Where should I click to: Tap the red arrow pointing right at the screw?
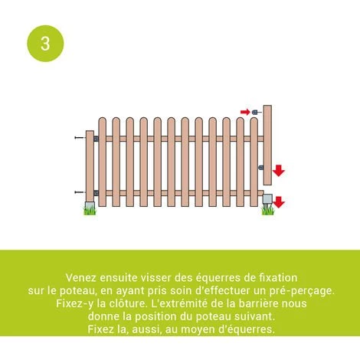coord(245,112)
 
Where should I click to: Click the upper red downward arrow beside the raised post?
coord(279,170)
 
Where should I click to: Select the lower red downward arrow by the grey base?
coord(279,201)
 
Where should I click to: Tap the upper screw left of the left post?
coord(78,138)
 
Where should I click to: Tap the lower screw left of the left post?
coord(78,191)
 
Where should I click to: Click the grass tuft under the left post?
coord(90,208)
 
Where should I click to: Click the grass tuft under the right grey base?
coord(267,209)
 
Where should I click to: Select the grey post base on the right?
coord(267,199)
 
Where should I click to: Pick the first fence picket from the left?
coord(102,161)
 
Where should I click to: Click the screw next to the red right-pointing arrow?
coord(256,112)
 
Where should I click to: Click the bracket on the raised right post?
coord(260,169)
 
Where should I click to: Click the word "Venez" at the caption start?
coord(82,277)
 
